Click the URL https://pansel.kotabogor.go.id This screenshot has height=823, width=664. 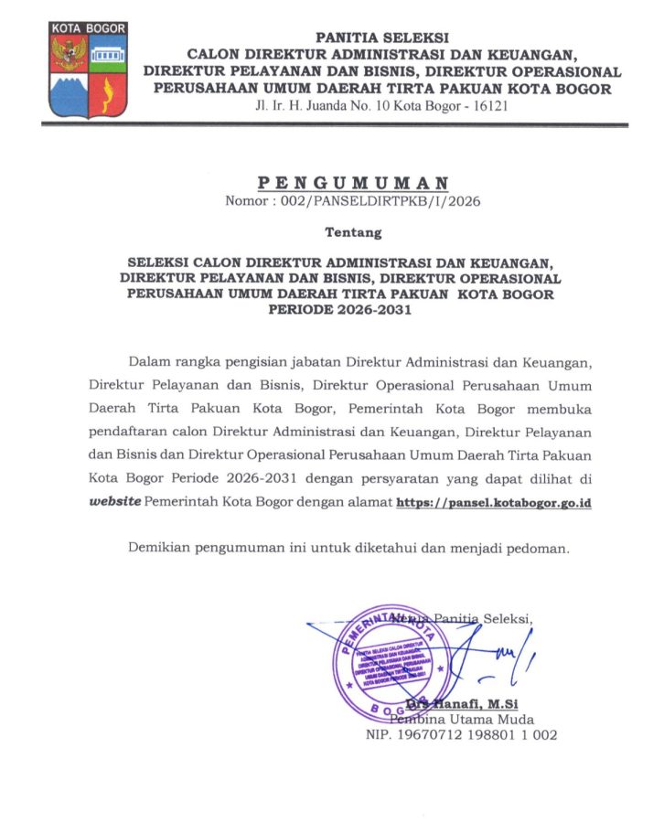(x=493, y=503)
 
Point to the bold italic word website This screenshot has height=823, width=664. (x=115, y=503)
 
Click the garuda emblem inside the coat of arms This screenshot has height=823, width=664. (x=69, y=54)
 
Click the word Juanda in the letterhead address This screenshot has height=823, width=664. (x=329, y=106)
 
